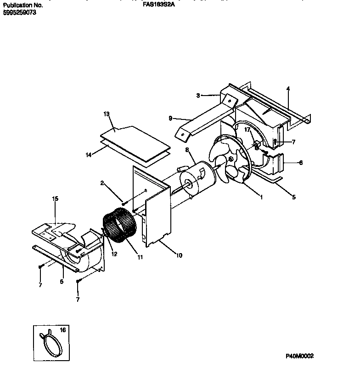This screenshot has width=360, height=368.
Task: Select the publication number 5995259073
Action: click(19, 12)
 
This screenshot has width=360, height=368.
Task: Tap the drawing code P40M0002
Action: click(299, 356)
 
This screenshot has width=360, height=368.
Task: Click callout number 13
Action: click(107, 114)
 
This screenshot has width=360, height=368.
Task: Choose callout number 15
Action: click(55, 199)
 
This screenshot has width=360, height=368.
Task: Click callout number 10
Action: click(179, 255)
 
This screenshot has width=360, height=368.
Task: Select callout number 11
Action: click(140, 257)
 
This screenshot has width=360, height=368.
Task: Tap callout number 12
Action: click(113, 254)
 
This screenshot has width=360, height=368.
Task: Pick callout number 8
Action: click(187, 149)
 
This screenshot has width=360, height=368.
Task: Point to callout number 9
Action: click(170, 118)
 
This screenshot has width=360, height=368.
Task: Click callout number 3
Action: click(198, 96)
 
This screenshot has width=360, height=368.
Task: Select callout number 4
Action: click(288, 88)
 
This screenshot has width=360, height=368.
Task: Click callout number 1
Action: click(261, 198)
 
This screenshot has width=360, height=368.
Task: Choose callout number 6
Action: click(301, 163)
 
